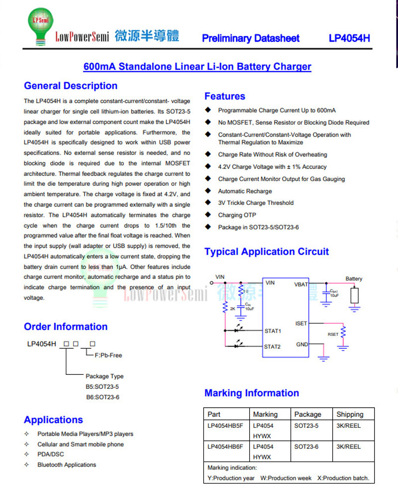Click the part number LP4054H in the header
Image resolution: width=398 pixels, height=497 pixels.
click(349, 38)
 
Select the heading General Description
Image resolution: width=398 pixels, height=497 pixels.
click(71, 86)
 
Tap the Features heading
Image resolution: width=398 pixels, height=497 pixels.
click(225, 96)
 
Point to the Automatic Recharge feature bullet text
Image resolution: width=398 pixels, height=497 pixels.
click(245, 191)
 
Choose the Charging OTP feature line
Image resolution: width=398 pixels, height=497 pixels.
click(237, 215)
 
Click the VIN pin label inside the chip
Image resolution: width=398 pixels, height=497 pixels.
click(270, 283)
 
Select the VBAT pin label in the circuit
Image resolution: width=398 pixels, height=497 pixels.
click(301, 284)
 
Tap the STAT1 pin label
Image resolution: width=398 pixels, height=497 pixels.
click(273, 331)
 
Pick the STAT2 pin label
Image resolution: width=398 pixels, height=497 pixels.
click(273, 346)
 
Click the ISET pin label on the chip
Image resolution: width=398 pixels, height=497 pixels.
click(301, 324)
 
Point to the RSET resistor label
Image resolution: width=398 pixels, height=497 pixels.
click(333, 334)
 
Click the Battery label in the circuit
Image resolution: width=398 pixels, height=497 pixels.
click(354, 279)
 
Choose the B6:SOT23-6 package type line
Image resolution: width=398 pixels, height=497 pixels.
click(102, 397)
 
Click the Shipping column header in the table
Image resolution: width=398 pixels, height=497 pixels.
click(350, 414)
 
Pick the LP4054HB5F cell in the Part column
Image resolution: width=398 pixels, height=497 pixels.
click(225, 426)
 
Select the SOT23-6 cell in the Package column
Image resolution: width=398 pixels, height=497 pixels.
click(306, 447)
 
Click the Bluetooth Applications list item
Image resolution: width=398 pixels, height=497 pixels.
click(67, 465)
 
